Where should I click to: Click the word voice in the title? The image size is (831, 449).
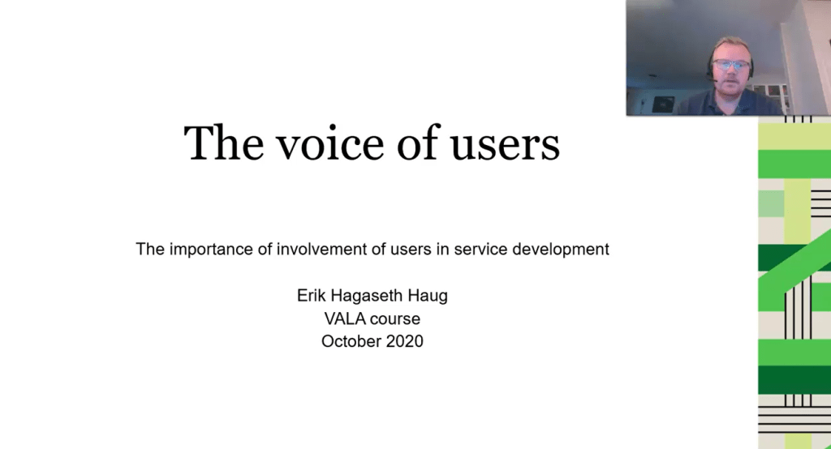pos(330,143)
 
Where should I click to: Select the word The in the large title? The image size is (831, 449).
pos(223,143)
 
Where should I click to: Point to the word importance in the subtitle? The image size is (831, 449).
pos(211,250)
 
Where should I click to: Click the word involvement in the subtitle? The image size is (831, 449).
pos(323,249)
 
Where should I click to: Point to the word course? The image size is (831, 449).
pos(395,319)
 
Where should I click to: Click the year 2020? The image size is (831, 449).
pos(404,341)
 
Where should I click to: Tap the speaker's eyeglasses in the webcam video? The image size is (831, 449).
pos(731,65)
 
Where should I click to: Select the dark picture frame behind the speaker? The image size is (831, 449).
pos(663,104)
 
